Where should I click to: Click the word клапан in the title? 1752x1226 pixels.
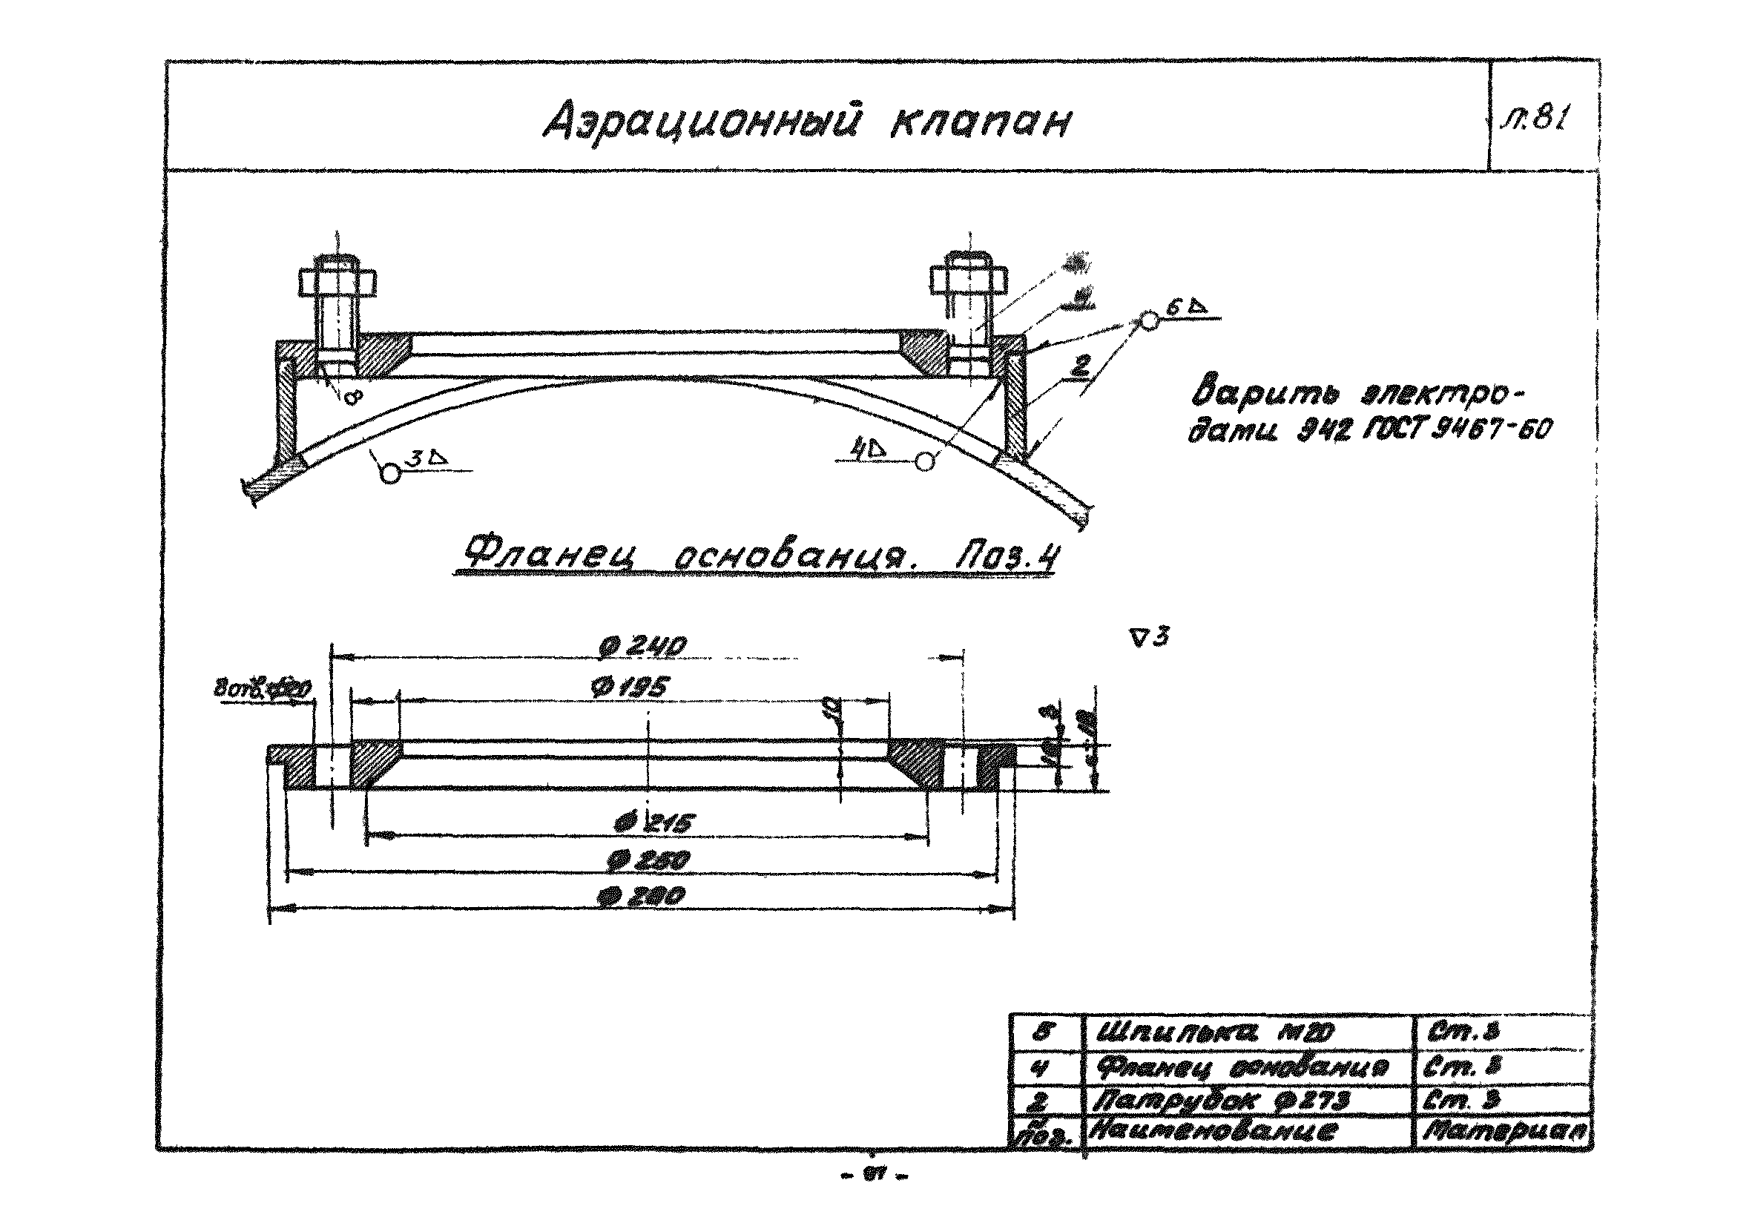[x=980, y=123]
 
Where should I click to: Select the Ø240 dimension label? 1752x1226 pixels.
[x=645, y=646]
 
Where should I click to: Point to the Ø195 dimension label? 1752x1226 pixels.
[x=629, y=688]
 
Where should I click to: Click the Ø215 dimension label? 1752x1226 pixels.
[x=655, y=823]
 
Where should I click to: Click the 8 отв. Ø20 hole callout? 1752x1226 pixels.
[x=262, y=691]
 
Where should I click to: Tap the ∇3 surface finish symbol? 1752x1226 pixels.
[x=1150, y=637]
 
